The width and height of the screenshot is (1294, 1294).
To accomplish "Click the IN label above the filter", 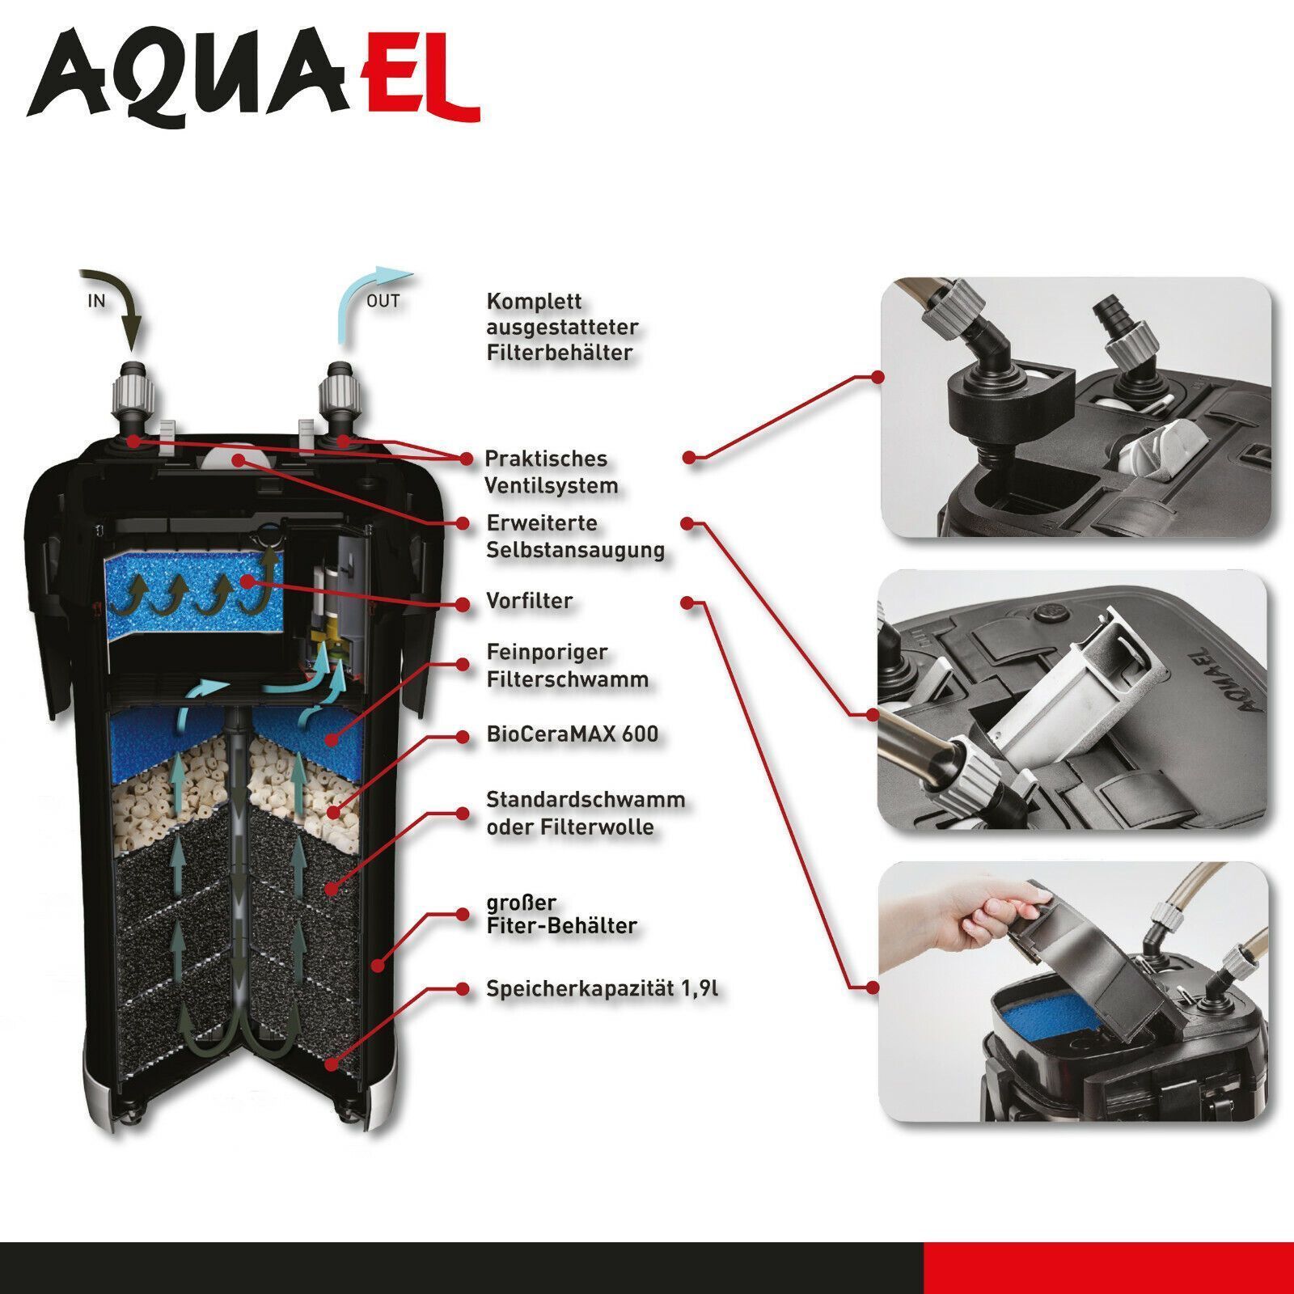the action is coord(96,301).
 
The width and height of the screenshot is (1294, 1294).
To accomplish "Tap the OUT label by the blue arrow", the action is coord(383,301).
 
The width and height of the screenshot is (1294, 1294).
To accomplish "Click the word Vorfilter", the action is coord(529,601).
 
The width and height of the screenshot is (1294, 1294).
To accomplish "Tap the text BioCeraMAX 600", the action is coord(573,734).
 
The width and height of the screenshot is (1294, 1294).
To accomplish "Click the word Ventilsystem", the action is coord(552,486).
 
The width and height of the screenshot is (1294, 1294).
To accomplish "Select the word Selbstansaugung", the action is coord(576,550).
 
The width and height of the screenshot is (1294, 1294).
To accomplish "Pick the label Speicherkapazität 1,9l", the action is coord(603,989).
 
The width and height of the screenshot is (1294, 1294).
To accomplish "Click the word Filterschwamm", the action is coord(568,679).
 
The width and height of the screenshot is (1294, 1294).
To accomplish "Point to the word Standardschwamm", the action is coord(586,800).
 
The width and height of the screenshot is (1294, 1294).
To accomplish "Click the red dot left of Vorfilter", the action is coord(463,603).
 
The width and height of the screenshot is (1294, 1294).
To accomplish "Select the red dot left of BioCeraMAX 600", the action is coord(463,737).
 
